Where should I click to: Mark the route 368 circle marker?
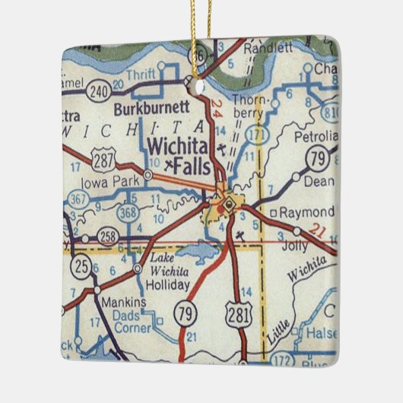[129, 213]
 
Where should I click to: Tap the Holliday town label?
[169, 285]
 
